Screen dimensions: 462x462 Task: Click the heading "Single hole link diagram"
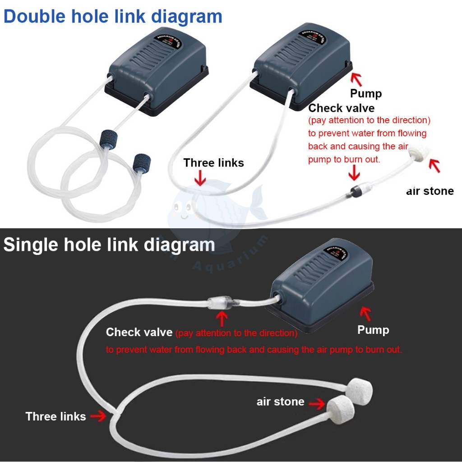pos(109,245)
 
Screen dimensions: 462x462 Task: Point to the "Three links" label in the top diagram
pos(213,163)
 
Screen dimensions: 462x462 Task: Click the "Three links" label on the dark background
pos(55,416)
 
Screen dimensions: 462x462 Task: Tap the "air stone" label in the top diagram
pos(430,191)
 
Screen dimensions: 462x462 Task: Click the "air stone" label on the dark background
pos(280,402)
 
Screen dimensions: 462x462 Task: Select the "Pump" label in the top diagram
pos(366,94)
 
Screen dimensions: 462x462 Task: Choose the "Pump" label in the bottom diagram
pos(373,330)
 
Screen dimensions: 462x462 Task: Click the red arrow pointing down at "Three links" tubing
pos(200,180)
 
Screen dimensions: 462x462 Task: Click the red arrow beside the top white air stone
pos(434,166)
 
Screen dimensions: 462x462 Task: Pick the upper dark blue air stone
pos(108,138)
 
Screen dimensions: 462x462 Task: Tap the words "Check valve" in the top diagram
pos(341,108)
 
